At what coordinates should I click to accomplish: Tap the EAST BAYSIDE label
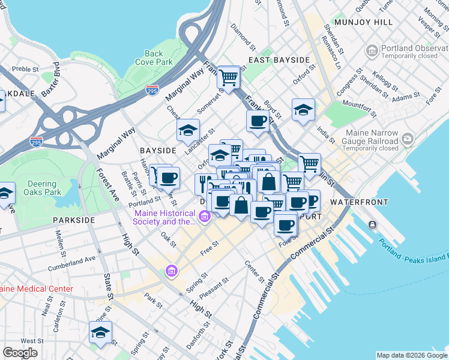point(279,60)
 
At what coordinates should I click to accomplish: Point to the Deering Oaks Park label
point(45,188)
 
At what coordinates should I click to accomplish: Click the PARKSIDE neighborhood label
point(73,220)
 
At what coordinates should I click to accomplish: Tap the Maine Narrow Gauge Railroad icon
point(408,139)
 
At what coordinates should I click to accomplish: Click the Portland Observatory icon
point(372,48)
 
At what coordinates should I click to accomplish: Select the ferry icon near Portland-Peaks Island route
point(373,224)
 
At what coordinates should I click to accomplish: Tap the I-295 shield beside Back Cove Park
point(152,90)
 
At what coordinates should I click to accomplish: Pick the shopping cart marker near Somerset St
point(228,77)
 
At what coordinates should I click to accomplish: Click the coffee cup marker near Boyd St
point(258,121)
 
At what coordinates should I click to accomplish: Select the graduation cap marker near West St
point(100,332)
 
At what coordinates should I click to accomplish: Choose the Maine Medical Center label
point(36,289)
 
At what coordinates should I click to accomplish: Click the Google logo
point(20,352)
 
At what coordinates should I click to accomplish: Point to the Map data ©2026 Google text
point(411,355)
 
